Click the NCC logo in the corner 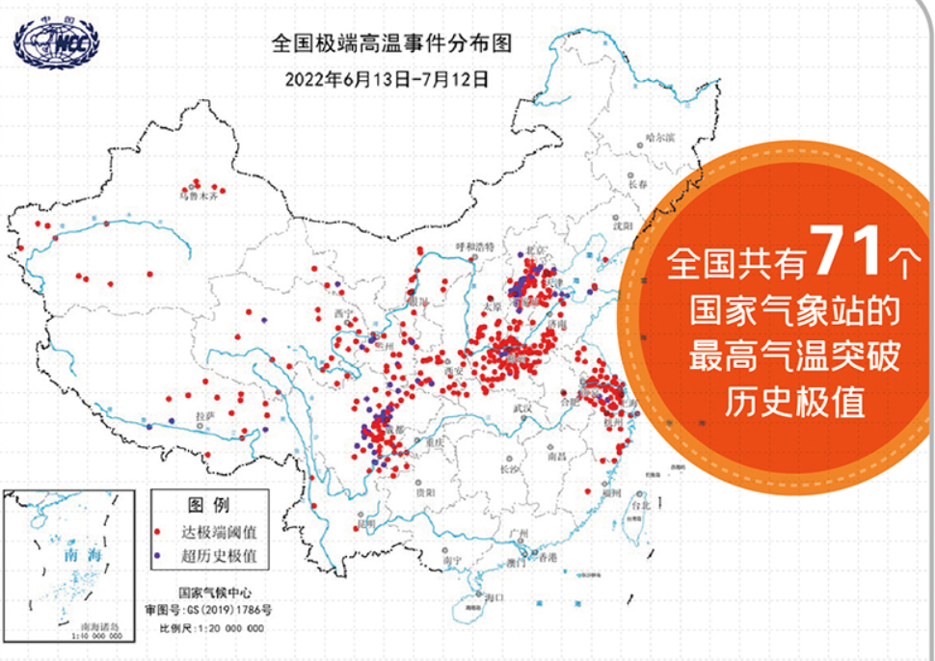pos(56,42)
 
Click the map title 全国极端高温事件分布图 pos(389,43)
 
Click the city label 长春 pos(637,183)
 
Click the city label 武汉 pos(522,409)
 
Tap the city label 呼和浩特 pos(474,247)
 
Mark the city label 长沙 pos(510,469)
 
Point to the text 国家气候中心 pos(207,594)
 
